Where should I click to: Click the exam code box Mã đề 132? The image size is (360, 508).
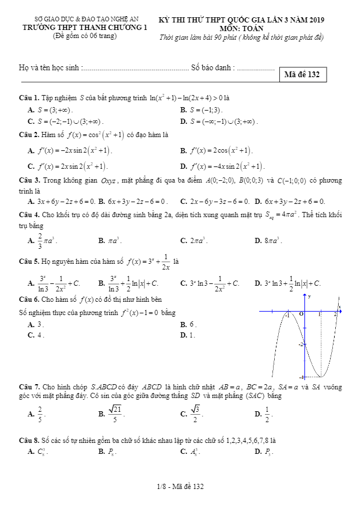(302, 74)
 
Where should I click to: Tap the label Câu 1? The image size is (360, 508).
(28, 97)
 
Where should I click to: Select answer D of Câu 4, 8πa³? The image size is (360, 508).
(271, 240)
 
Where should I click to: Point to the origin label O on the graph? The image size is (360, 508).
(300, 314)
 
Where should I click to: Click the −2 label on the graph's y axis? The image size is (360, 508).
(300, 344)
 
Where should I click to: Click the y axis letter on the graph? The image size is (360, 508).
(309, 296)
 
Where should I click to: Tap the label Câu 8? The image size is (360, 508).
(28, 440)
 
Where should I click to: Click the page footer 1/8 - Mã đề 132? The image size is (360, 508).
(180, 487)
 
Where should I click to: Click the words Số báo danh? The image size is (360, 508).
(213, 68)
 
